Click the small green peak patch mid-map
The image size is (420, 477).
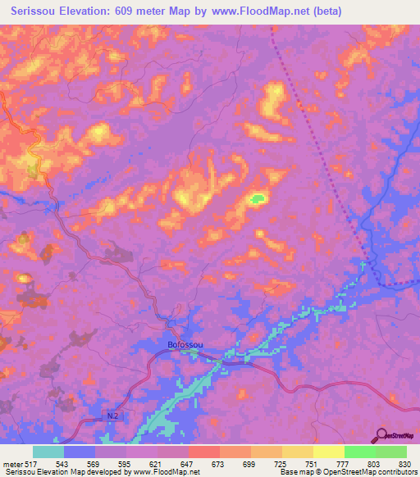click(258, 198)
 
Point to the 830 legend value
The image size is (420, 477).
click(405, 464)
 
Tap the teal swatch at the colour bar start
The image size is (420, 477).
click(48, 452)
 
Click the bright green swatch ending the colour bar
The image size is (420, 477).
click(390, 452)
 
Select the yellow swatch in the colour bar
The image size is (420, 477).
click(328, 452)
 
